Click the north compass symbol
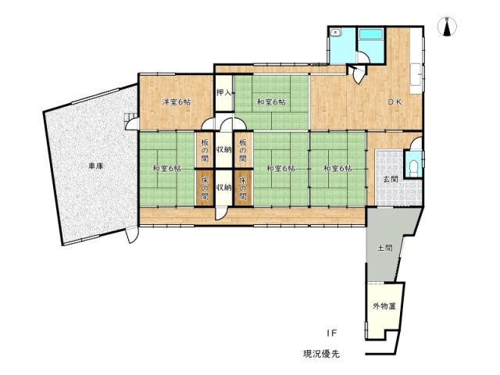coord(448,27)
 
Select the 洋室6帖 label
coord(177,102)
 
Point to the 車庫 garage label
coord(95,166)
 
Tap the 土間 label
coord(384,248)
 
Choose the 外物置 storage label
coord(384,305)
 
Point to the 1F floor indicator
coord(331,333)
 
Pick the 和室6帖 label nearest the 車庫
coord(167,168)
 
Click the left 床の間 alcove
coord(203,187)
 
